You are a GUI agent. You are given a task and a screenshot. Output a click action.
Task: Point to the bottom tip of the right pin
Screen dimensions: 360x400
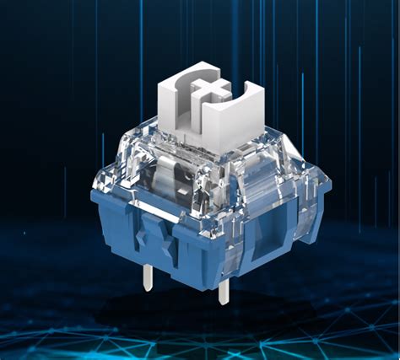(x=224, y=303)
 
